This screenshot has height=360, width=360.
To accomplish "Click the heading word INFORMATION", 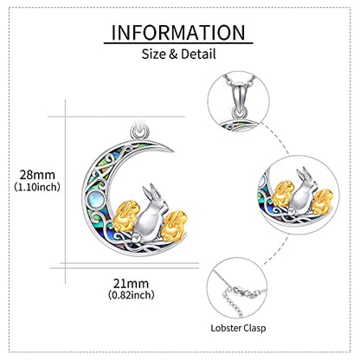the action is [x=178, y=32].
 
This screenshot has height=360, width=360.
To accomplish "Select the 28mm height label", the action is [x=37, y=175].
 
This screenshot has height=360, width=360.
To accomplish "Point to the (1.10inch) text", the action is [x=37, y=187].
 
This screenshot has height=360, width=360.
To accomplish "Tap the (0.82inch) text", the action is [x=132, y=295].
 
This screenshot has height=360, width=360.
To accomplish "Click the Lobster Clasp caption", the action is [x=238, y=328].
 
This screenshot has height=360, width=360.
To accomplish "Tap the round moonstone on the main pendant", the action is [x=95, y=199].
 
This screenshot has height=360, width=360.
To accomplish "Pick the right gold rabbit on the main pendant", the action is [x=174, y=226].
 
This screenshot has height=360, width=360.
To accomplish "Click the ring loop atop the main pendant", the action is [x=140, y=132].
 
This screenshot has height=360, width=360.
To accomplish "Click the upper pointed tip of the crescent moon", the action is [x=172, y=151].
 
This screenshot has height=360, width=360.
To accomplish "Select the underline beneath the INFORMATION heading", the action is [x=178, y=43].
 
